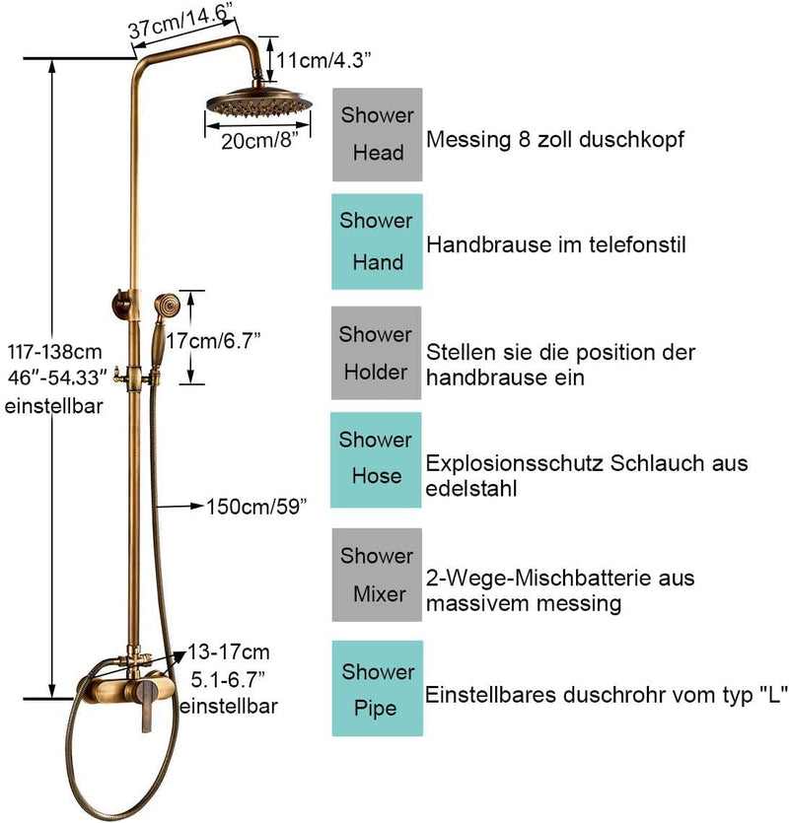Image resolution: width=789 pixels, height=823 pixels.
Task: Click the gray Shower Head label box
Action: pos(377,134)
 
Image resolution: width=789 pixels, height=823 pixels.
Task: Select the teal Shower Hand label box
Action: pos(377,241)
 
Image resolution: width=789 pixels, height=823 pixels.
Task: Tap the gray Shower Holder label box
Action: pos(377,353)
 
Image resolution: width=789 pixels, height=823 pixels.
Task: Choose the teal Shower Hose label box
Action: pos(377,458)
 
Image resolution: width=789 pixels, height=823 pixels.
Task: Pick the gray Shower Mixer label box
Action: pos(377,575)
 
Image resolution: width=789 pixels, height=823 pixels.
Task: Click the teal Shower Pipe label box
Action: pos(377,689)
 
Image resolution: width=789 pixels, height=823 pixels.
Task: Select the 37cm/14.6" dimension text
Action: pos(180,23)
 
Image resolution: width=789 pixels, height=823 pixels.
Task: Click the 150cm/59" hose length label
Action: pos(256,507)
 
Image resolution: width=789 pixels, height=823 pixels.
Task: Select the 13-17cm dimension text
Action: pos(229,652)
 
